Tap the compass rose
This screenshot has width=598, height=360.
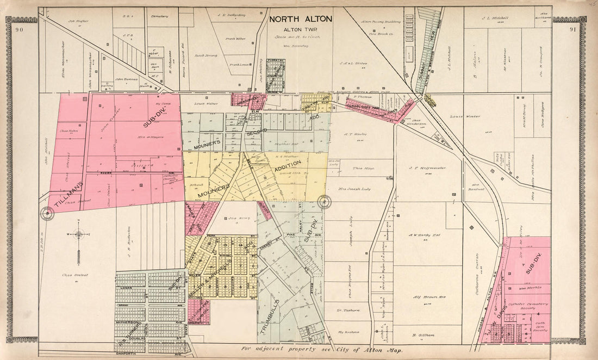coord(79,235)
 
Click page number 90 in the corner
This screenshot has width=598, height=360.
coord(20,29)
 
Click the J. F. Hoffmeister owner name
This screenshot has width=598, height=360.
coord(427,168)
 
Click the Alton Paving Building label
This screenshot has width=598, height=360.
coord(381,22)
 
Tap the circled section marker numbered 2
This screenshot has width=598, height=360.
coord(325,202)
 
